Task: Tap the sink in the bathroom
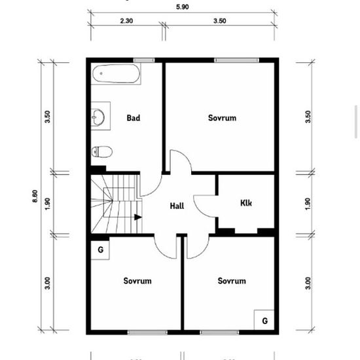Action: pyautogui.click(x=99, y=117)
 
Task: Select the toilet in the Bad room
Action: pyautogui.click(x=102, y=152)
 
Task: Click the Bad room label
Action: pyautogui.click(x=134, y=118)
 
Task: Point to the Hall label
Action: pyautogui.click(x=177, y=206)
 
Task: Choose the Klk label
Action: pyautogui.click(x=246, y=202)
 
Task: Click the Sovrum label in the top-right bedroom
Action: pyautogui.click(x=222, y=118)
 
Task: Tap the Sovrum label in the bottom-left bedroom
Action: pyautogui.click(x=137, y=281)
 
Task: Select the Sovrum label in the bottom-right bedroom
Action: pyautogui.click(x=232, y=281)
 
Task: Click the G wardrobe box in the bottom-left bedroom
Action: pyautogui.click(x=100, y=250)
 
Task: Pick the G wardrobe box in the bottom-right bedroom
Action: pyautogui.click(x=264, y=321)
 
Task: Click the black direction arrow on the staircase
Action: pyautogui.click(x=137, y=217)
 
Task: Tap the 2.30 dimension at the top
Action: pyautogui.click(x=127, y=21)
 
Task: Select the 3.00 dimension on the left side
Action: pyautogui.click(x=47, y=283)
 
